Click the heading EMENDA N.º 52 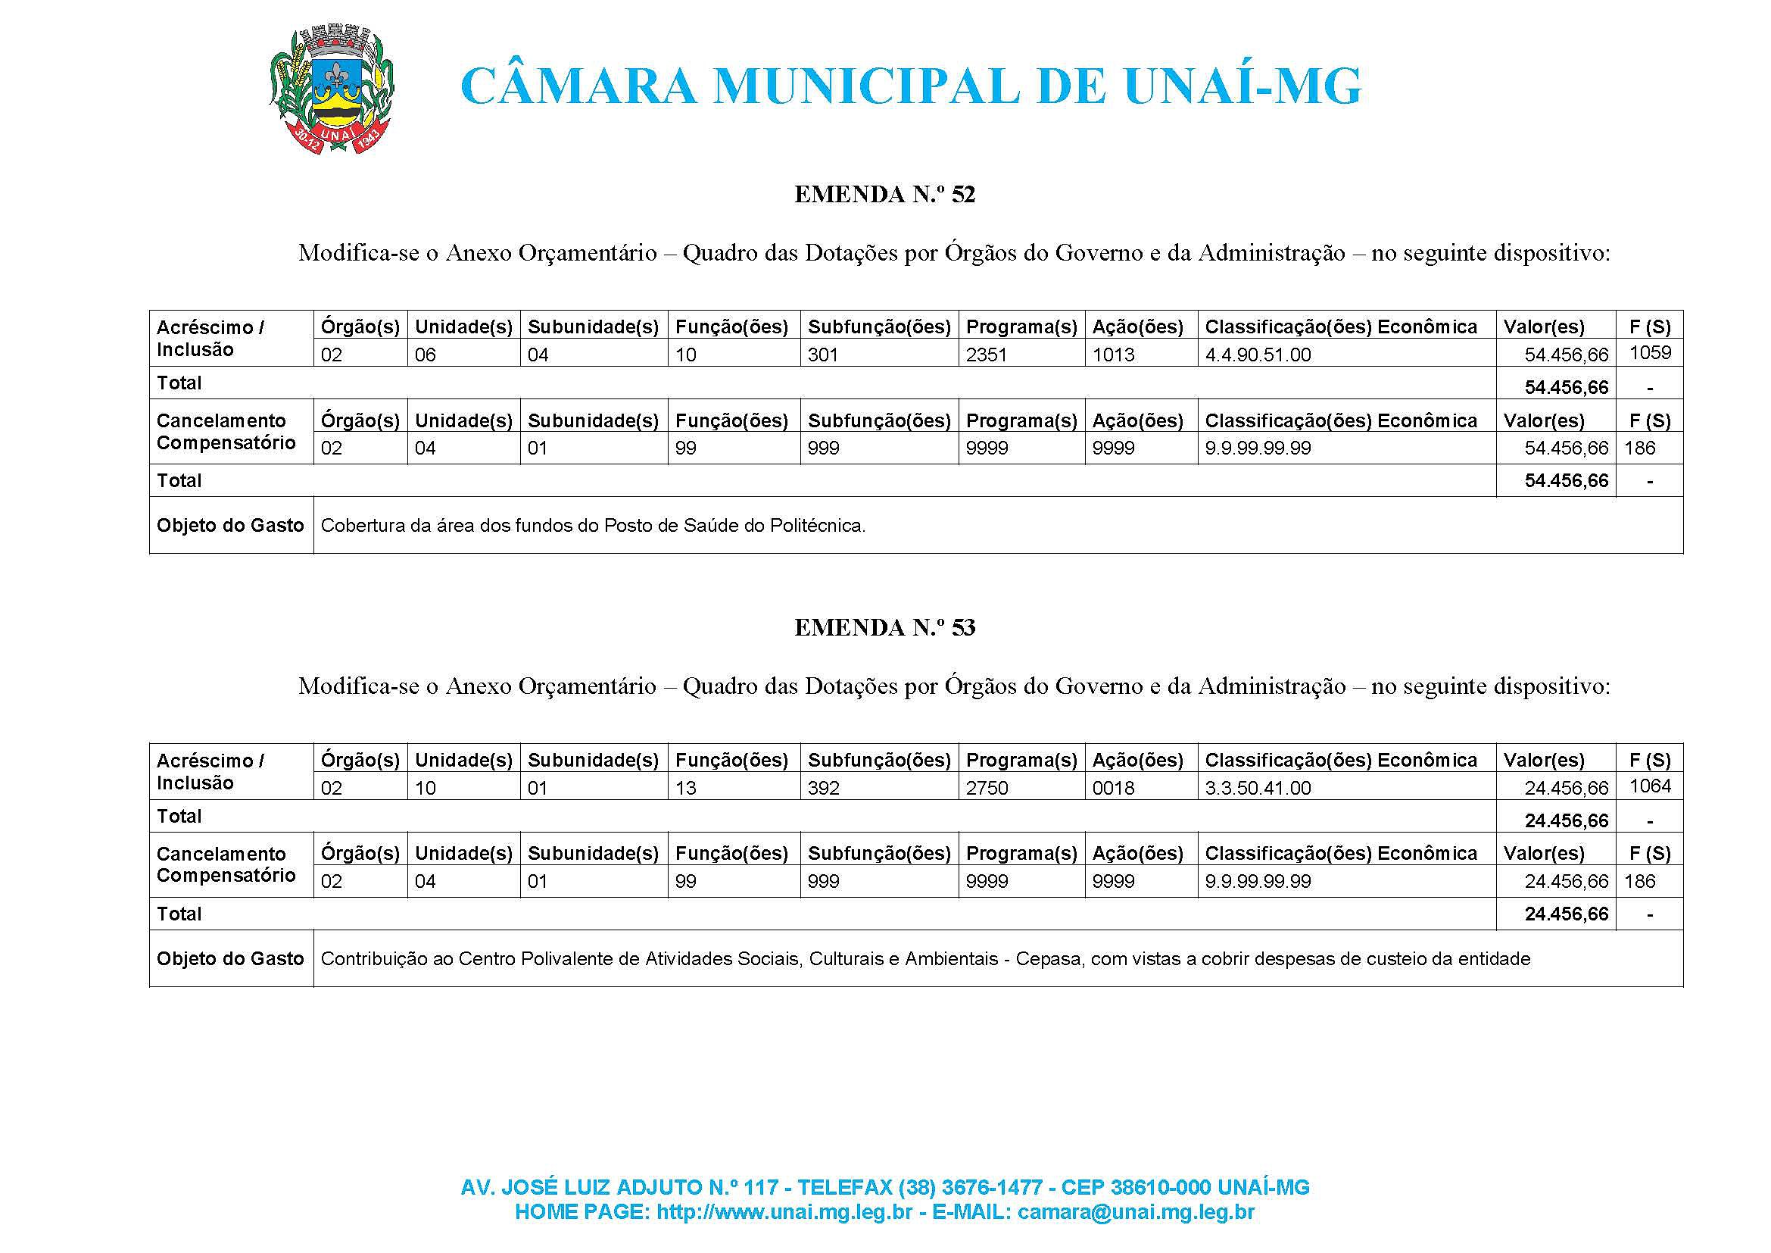tap(884, 195)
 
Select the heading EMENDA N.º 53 tap(884, 628)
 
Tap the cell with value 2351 tap(987, 355)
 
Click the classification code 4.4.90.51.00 tap(1258, 355)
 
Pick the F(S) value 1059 tap(1650, 353)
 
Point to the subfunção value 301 tap(823, 355)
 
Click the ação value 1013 tap(1113, 355)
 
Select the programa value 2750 tap(987, 789)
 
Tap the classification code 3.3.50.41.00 tap(1258, 789)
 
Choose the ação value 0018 tap(1113, 789)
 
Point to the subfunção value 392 tap(823, 789)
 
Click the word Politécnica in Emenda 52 tap(818, 527)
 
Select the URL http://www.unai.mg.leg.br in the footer tap(784, 1212)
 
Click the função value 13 tap(686, 789)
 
